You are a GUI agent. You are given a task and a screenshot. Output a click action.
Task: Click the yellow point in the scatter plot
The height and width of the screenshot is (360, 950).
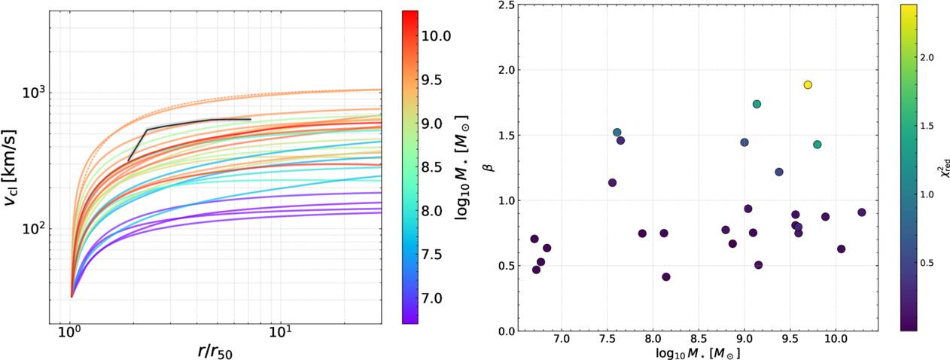pyautogui.click(x=808, y=85)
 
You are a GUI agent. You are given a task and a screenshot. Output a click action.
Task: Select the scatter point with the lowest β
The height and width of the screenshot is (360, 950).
pyautogui.click(x=666, y=277)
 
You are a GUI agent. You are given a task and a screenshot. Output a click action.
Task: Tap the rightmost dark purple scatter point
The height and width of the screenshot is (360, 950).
pyautogui.click(x=861, y=212)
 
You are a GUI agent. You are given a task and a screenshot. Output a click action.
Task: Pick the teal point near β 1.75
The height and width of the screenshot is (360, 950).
pyautogui.click(x=757, y=104)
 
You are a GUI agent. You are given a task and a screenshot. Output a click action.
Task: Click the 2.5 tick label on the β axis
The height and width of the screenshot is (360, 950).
pyautogui.click(x=506, y=5)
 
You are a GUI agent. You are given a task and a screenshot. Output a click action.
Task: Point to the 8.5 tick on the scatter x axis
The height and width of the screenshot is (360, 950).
pyautogui.click(x=699, y=339)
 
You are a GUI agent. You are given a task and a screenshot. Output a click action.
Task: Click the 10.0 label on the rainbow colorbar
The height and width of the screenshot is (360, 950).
pyautogui.click(x=436, y=36)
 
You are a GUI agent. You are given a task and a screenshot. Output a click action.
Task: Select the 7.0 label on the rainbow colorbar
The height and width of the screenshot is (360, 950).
pyautogui.click(x=432, y=298)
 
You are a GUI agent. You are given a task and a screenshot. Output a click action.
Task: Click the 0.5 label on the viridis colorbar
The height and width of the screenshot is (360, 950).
pyautogui.click(x=927, y=263)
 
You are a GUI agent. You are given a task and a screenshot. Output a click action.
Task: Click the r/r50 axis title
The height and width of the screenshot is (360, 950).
pyautogui.click(x=215, y=352)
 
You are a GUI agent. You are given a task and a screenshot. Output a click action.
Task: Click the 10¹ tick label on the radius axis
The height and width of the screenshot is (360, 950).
pyautogui.click(x=280, y=331)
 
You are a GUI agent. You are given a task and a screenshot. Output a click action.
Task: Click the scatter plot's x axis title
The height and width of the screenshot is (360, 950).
pyautogui.click(x=698, y=352)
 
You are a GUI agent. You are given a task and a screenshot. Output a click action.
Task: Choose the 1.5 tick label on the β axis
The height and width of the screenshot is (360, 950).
pyautogui.click(x=506, y=136)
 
